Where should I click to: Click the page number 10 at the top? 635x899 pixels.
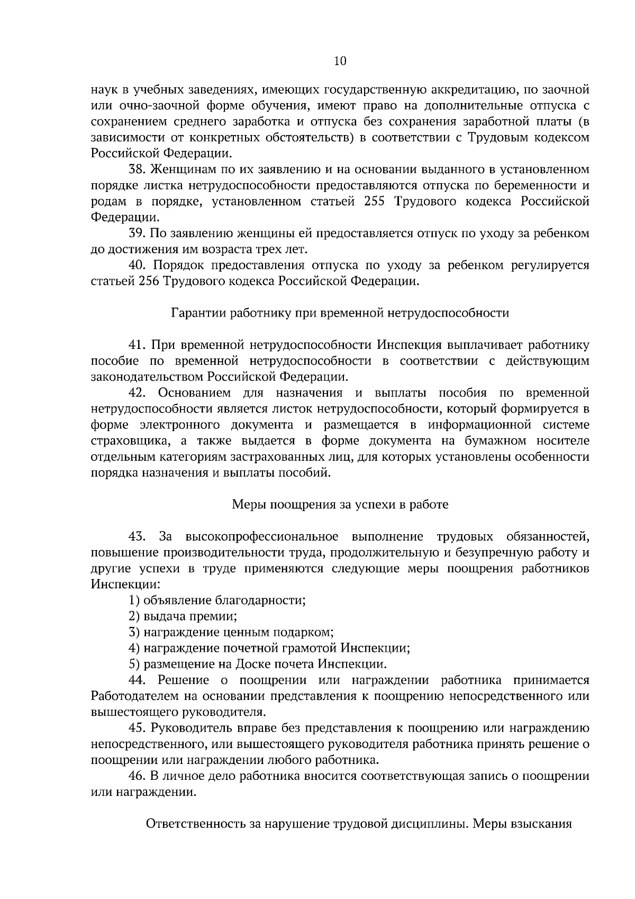340,61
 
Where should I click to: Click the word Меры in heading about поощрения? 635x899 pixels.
249,505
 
